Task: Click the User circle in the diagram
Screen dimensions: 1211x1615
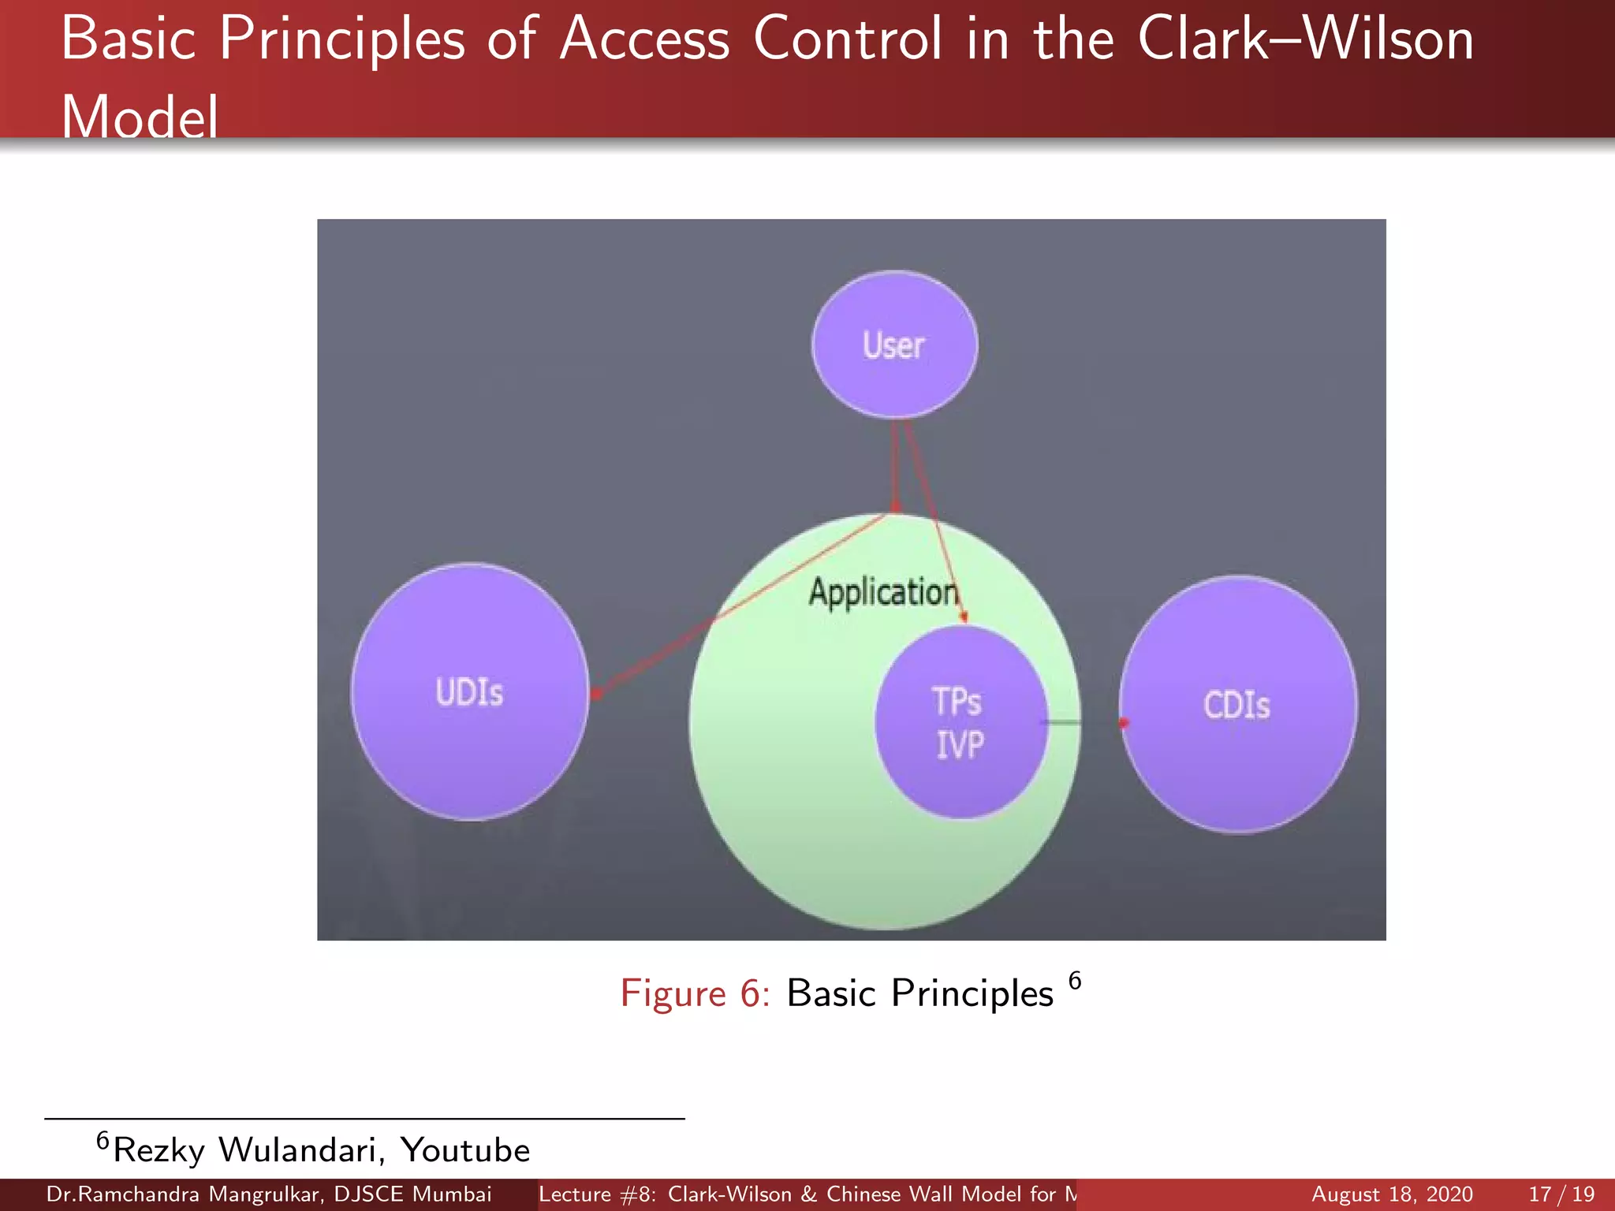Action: point(894,345)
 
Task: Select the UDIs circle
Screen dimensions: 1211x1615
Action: point(470,692)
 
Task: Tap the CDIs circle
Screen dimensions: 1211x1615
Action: point(1238,704)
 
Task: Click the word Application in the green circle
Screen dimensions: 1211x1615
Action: point(883,592)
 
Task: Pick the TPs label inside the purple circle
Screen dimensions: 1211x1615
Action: point(957,701)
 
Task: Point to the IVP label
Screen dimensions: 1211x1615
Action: point(960,745)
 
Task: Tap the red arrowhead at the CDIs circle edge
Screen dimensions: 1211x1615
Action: point(1125,722)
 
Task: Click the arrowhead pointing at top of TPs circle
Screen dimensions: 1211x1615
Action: point(964,618)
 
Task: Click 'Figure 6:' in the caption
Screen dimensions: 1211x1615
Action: point(695,993)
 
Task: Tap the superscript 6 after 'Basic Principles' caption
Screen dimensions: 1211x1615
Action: point(1075,981)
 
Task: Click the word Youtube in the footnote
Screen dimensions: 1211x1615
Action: point(465,1150)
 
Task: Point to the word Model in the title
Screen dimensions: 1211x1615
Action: point(140,117)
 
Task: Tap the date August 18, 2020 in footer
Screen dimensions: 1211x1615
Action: point(1392,1194)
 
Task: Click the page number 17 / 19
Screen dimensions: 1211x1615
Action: point(1561,1194)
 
